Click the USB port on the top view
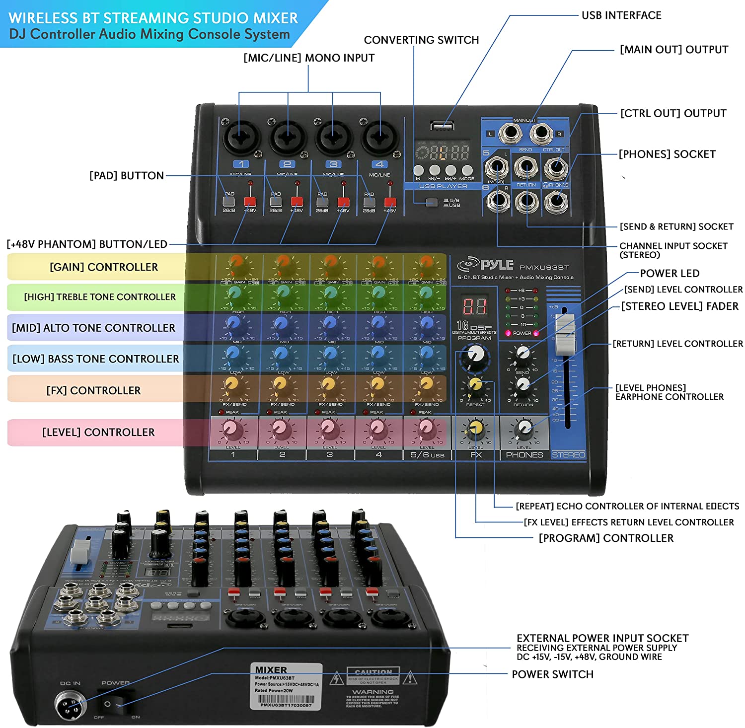(442, 127)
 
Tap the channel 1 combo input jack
(242, 136)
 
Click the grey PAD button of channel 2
(276, 202)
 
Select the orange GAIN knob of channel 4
(378, 264)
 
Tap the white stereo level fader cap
(564, 334)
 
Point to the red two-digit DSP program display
(474, 306)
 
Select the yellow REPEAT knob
(475, 385)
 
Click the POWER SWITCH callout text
(552, 674)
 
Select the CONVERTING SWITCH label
(421, 40)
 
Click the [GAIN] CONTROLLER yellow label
(103, 267)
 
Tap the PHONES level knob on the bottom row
(523, 428)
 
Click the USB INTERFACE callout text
(621, 15)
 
